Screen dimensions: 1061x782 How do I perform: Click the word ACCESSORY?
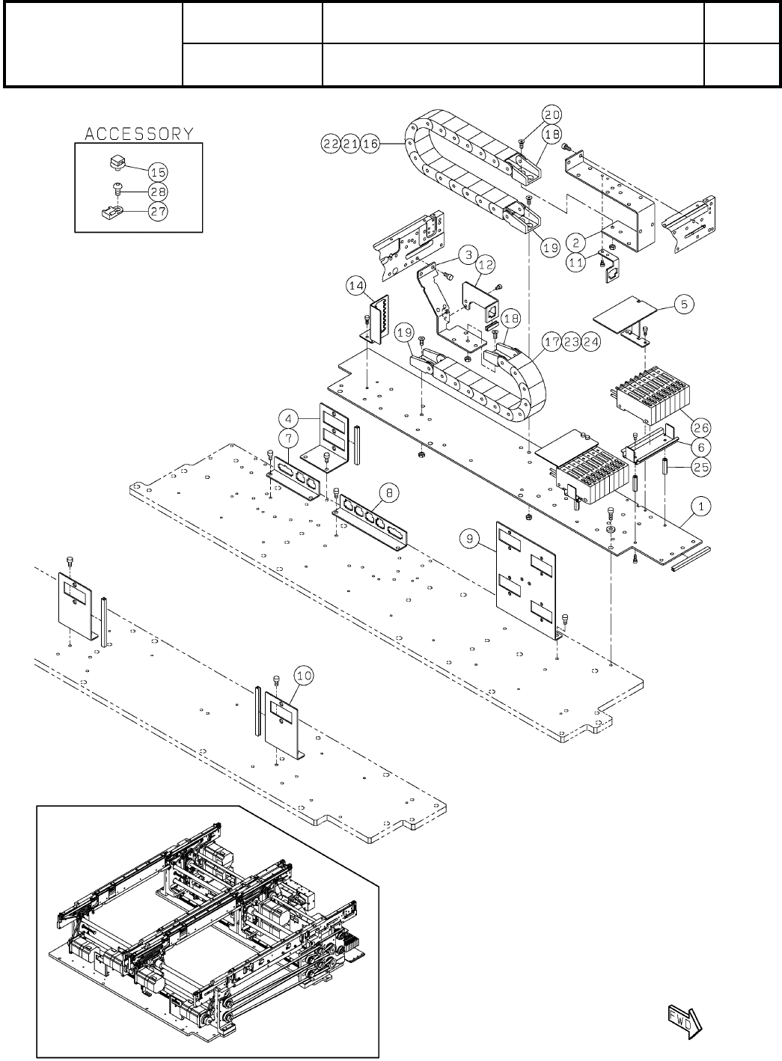tap(139, 134)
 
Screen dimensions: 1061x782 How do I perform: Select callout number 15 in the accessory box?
tap(157, 171)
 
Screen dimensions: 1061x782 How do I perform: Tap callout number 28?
tap(157, 191)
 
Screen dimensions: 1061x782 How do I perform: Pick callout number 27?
tap(157, 211)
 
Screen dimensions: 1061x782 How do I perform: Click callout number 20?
tap(552, 114)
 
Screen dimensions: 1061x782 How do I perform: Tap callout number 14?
tap(357, 285)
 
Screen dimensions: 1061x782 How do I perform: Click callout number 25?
tap(701, 467)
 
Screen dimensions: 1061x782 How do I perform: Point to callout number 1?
tap(700, 507)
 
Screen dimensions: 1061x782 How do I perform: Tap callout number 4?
tap(292, 417)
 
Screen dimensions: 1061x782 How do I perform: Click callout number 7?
tap(292, 436)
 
